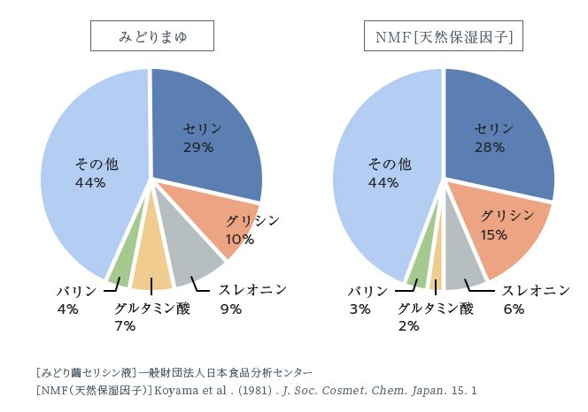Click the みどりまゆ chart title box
[x=153, y=37]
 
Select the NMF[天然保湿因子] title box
[x=444, y=37]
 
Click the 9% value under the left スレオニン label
[x=231, y=309]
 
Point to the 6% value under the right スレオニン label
[x=514, y=309]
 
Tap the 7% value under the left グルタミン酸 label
[x=125, y=325]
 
